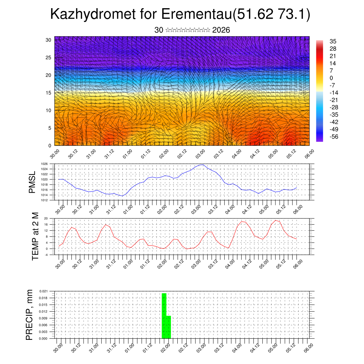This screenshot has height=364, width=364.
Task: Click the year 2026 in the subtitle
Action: (x=221, y=30)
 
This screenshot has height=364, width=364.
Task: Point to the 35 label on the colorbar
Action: (x=333, y=42)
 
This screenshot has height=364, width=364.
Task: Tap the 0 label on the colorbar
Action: (x=331, y=78)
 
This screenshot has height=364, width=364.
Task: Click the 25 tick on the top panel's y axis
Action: (x=49, y=58)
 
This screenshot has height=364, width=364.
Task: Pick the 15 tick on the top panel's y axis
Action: (x=49, y=93)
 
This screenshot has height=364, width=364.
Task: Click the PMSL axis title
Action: (x=32, y=182)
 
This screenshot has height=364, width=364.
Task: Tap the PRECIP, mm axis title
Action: (x=30, y=315)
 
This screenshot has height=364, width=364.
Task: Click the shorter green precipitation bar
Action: (x=169, y=327)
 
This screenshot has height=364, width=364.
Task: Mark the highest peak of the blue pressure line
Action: (x=202, y=165)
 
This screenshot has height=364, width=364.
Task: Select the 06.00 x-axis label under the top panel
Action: (x=305, y=155)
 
